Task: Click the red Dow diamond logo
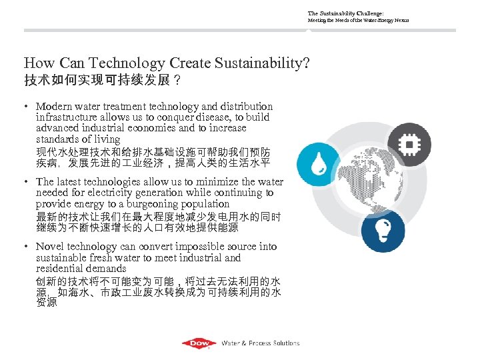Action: tap(199, 343)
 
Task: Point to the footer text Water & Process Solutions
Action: tap(260, 343)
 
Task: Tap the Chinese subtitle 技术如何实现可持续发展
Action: tap(97, 81)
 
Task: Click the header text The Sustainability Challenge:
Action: tap(345, 13)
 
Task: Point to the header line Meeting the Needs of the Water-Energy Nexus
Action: tap(358, 21)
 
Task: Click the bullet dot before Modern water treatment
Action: tap(27, 107)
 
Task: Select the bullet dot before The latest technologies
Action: tap(27, 182)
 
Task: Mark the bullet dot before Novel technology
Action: tap(27, 247)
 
